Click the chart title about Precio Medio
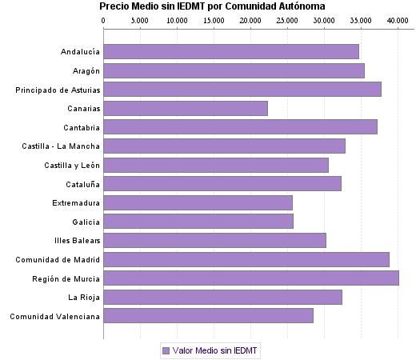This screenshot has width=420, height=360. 211,6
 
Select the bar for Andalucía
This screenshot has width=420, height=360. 231,52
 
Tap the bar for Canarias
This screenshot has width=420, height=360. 186,108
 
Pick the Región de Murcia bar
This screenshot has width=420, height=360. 251,278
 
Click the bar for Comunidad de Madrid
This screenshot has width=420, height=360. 246,259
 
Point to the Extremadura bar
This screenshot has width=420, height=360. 198,202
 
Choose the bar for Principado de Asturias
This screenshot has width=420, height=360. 242,90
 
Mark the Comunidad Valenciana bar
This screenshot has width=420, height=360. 208,316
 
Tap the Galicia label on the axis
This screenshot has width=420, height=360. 86,222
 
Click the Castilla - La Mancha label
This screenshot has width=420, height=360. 62,146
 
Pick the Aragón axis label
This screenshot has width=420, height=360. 84,70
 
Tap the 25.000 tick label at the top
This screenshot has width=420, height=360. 287,19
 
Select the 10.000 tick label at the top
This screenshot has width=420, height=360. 177,19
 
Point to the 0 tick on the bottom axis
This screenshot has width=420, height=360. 103,334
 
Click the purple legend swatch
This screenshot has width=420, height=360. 166,350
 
